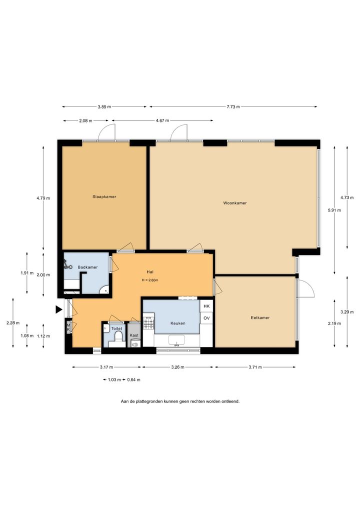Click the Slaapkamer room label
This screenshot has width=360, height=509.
pos(104,196)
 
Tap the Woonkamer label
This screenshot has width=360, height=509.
pos(235,203)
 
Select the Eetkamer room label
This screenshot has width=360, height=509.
pos(260,317)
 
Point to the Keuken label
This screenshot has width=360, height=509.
pos(178,323)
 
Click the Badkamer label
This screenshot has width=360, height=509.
pos(87,267)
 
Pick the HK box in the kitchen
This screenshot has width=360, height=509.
pos(206,306)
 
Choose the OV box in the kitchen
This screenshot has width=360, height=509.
pos(206,318)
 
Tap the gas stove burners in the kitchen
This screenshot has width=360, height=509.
pos(149,323)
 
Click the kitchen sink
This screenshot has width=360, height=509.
pos(176,340)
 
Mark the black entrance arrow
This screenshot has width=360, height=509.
pos(58,309)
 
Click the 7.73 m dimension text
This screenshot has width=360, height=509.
pos(233,107)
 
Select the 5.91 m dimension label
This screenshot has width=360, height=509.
pos(334,210)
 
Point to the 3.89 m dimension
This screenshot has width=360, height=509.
pos(104,107)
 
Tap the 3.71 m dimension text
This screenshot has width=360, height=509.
pos(255,367)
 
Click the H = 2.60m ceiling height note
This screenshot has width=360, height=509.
pos(150,280)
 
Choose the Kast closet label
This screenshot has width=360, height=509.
pos(134,335)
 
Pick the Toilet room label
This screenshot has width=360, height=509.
pos(116,329)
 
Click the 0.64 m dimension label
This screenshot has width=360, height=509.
pos(133,379)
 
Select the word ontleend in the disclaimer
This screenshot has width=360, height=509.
pos(230,401)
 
